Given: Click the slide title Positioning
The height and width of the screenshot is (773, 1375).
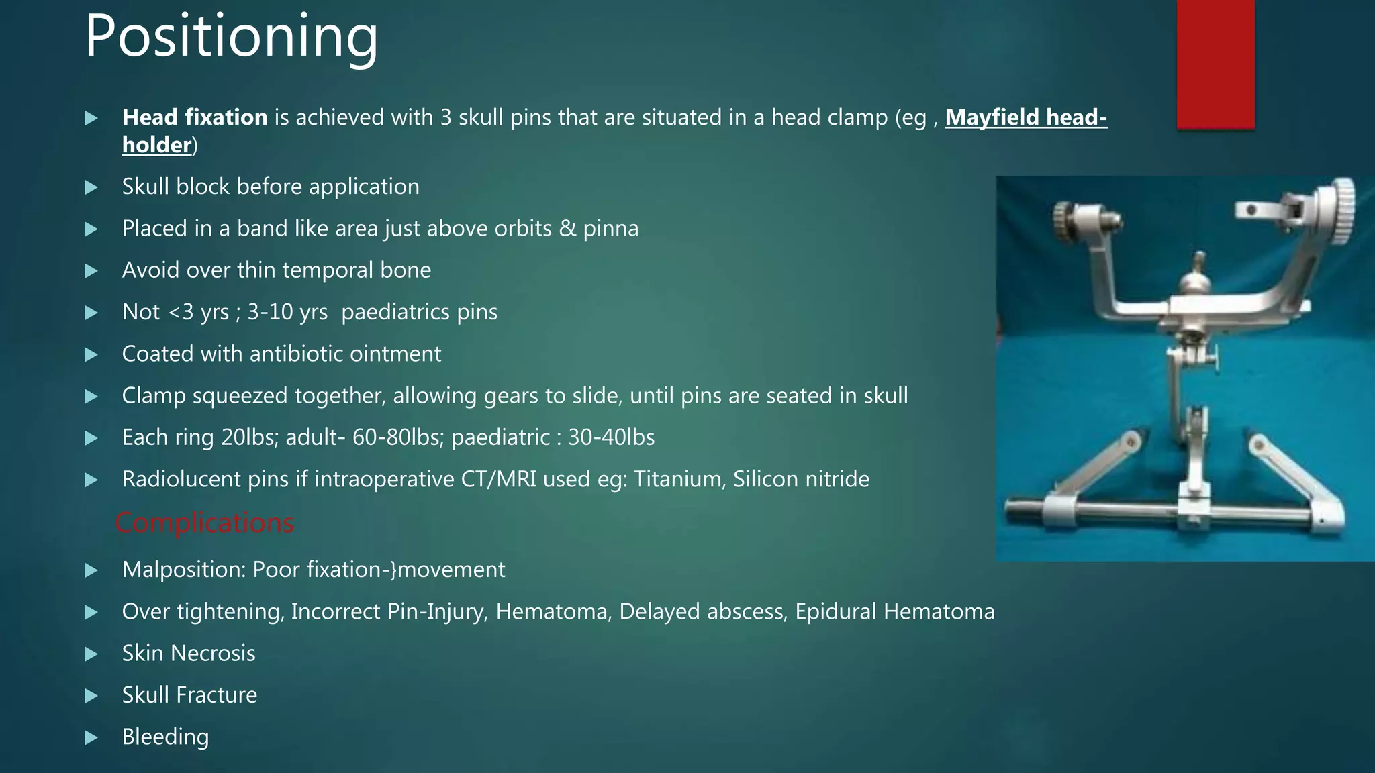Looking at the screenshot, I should pyautogui.click(x=231, y=37).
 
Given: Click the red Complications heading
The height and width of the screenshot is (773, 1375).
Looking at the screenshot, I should pyautogui.click(x=204, y=523).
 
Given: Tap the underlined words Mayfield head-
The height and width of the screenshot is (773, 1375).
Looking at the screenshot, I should pyautogui.click(x=1025, y=117).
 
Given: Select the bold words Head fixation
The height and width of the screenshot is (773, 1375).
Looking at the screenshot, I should pyautogui.click(x=195, y=117).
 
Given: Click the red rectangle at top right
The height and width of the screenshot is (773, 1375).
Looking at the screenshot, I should pyautogui.click(x=1215, y=64).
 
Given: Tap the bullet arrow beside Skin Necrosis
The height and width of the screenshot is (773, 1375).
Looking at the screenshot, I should pyautogui.click(x=91, y=654).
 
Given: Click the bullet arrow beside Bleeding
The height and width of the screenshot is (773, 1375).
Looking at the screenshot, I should pyautogui.click(x=91, y=738).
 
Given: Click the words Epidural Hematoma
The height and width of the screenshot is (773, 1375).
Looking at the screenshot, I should pyautogui.click(x=894, y=611).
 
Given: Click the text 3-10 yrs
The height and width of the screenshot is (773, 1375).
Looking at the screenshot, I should pyautogui.click(x=287, y=312).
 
